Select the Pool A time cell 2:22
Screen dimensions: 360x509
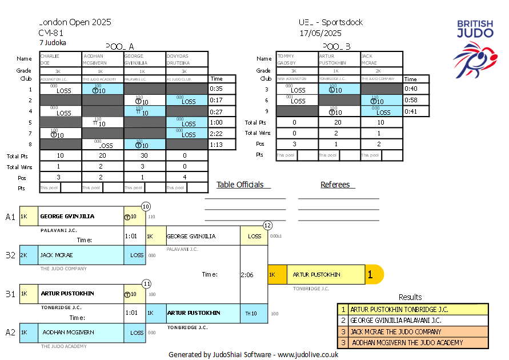click(x=216, y=133)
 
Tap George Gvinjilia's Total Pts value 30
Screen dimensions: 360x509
click(x=145, y=155)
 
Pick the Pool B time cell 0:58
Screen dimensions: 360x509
click(x=411, y=100)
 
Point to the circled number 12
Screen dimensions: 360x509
click(x=267, y=226)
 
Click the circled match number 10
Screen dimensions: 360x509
click(x=146, y=206)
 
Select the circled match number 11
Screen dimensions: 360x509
click(x=146, y=283)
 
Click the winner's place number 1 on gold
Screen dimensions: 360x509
click(x=370, y=275)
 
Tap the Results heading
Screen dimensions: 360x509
click(x=410, y=297)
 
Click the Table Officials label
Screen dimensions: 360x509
click(x=240, y=185)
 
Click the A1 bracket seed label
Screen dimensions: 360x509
click(x=10, y=217)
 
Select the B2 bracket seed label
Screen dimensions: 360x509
click(x=10, y=255)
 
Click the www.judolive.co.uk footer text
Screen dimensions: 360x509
click(x=308, y=354)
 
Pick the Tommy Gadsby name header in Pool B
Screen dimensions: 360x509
click(x=297, y=59)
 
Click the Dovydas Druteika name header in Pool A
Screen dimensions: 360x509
click(x=187, y=59)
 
